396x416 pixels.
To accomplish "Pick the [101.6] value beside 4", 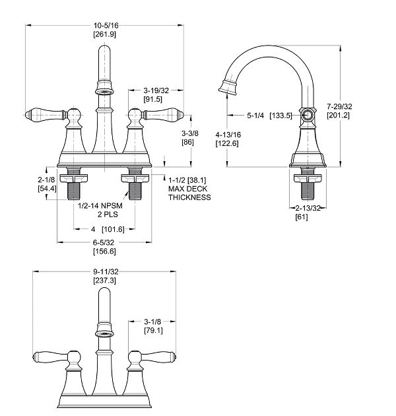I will [115, 229].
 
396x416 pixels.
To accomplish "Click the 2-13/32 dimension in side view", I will [308, 208].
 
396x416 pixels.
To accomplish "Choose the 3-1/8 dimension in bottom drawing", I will [154, 323].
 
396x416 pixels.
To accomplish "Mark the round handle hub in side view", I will [306, 114].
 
